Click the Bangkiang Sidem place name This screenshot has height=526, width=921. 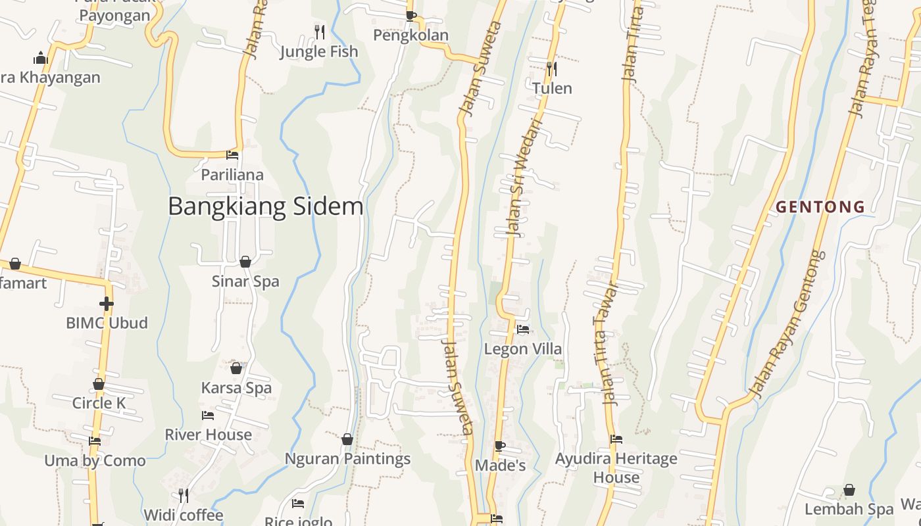coord(265,206)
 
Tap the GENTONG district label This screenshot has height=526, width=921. coord(820,207)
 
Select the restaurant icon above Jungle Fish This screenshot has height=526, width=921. coord(319,31)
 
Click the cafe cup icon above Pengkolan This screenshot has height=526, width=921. coord(411,16)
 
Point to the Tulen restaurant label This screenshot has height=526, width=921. coord(552,88)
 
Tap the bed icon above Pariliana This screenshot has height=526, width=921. coord(232,155)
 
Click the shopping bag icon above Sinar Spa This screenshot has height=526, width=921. coord(245,262)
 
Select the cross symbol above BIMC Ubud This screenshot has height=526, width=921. coord(107,303)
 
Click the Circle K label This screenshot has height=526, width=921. coord(99,403)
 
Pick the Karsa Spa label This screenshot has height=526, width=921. coord(236,388)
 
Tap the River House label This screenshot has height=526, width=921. coord(208,435)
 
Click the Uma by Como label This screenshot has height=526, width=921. coord(95,460)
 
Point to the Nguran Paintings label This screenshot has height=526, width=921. coord(347,459)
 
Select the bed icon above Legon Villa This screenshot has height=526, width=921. coord(523,329)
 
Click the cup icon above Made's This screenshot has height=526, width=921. coord(500,446)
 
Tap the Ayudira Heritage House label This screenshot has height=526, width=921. coord(616,467)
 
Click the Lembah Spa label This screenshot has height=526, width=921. coord(849,509)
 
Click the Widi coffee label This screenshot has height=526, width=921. coord(184,514)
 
